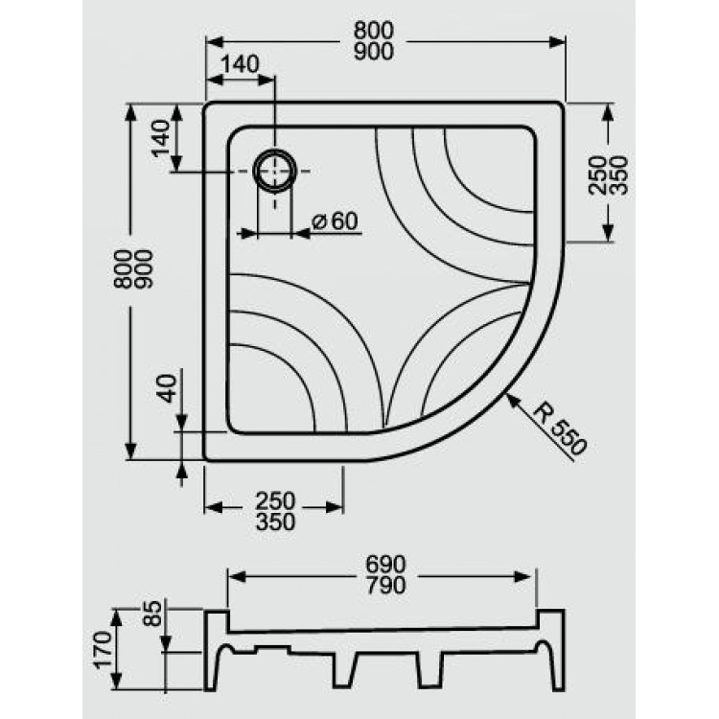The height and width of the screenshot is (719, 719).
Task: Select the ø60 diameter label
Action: tap(334, 221)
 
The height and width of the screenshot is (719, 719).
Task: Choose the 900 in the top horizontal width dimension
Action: tap(372, 53)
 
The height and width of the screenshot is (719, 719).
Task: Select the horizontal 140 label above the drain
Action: tap(240, 64)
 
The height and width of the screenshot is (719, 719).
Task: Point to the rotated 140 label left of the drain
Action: tap(161, 141)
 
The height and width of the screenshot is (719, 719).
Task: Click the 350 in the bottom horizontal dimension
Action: tap(275, 522)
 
